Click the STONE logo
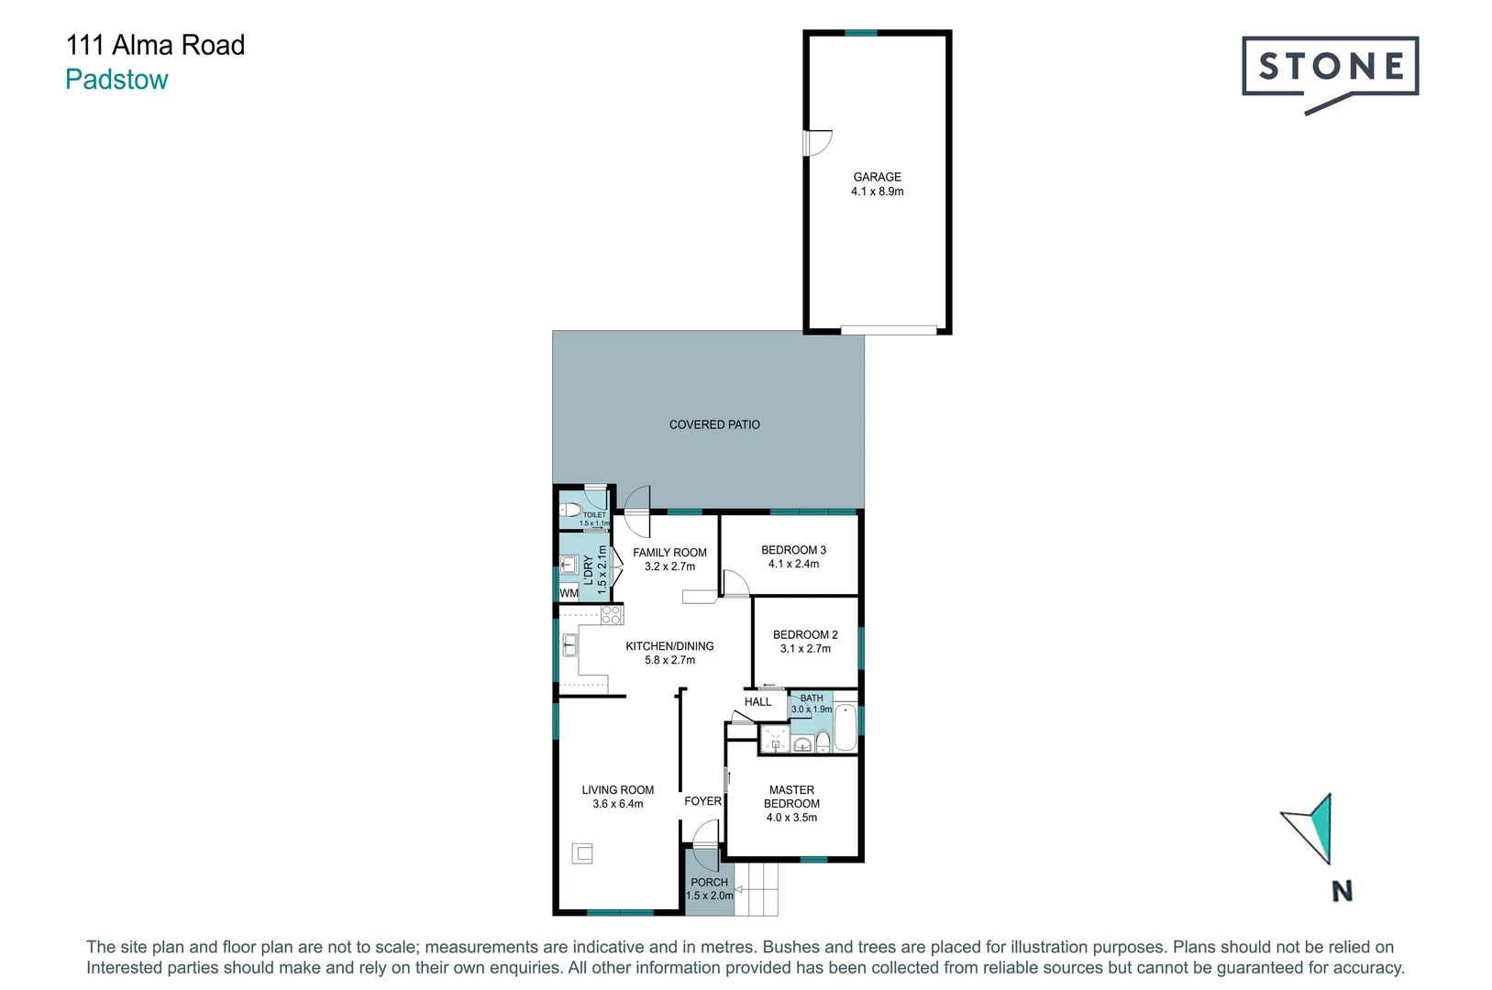coord(1330,68)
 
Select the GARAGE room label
coord(877,177)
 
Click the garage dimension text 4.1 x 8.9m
coord(877,192)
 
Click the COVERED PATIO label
coord(714,424)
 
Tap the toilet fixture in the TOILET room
coord(570,510)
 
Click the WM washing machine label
coord(569,593)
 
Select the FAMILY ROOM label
coord(669,553)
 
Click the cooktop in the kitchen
coord(612,615)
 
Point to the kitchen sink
coord(569,645)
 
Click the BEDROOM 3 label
coord(793,550)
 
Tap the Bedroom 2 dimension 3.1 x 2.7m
coord(805,649)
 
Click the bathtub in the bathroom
coord(845,728)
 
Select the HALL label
coord(757,702)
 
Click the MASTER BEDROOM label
coord(791,797)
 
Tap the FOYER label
coord(702,801)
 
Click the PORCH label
coord(709,882)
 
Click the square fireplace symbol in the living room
coord(582,853)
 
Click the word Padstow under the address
coord(116,80)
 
